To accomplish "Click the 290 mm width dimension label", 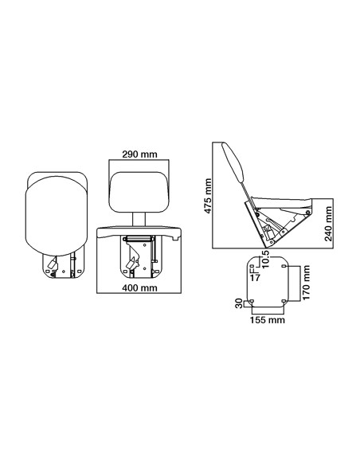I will [139, 154].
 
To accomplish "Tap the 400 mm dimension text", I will [139, 287].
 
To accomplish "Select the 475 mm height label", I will [208, 193].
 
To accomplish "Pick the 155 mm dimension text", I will [267, 320].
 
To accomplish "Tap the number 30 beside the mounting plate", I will [238, 303].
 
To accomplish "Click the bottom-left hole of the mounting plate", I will [252, 300].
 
